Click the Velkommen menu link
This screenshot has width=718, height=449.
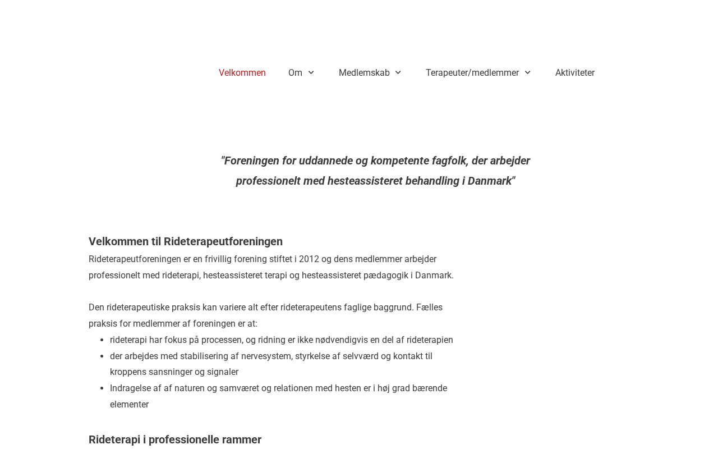242,73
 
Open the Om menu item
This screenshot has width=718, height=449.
295,73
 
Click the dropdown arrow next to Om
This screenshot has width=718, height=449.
311,73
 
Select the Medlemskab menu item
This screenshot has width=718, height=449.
364,73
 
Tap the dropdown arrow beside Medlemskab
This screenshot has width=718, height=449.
398,73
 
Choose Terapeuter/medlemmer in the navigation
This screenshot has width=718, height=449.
472,73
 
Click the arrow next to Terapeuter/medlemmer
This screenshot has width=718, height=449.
527,73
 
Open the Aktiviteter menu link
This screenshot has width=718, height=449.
575,73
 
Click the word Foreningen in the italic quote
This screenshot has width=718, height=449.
251,161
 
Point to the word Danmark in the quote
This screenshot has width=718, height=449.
490,181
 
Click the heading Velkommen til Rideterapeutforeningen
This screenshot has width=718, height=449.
186,241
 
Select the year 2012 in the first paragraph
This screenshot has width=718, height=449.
309,259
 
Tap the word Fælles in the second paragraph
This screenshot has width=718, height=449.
429,308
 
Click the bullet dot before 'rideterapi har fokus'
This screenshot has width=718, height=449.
102,340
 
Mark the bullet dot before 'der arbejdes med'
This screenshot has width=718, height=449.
102,356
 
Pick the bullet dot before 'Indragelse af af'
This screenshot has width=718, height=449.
102,388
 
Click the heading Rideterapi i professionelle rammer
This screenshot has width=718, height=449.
175,439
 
